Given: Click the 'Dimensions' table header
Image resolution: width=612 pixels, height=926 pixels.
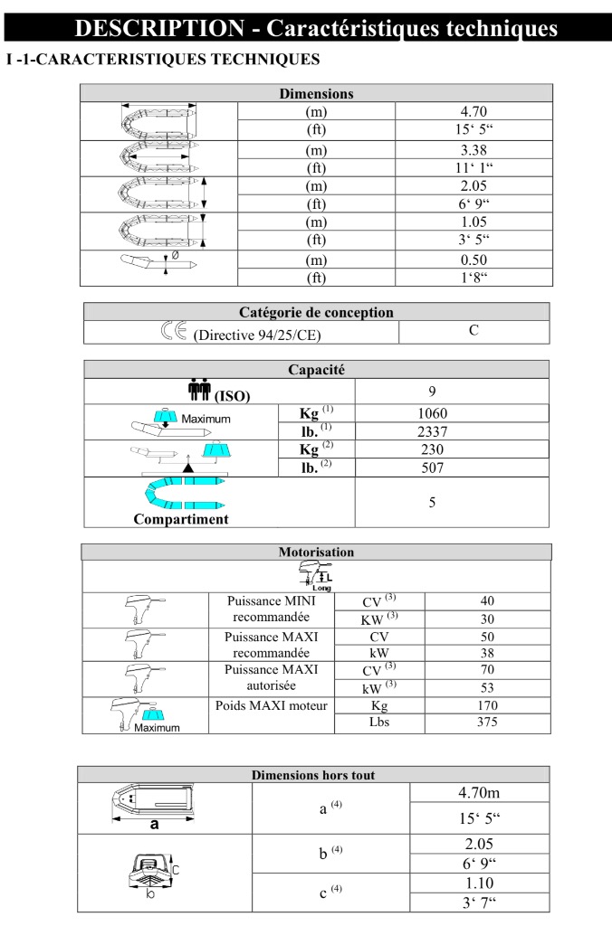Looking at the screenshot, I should coord(316,93).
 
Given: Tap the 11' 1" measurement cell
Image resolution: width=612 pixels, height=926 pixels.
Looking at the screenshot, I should coord(473,168).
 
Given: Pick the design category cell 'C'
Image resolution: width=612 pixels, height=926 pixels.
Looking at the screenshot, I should coord(473,331).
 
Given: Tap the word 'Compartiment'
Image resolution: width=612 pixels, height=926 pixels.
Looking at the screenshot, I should coord(181,519).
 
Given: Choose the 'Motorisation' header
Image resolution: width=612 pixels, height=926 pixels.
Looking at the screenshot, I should coord(316,552).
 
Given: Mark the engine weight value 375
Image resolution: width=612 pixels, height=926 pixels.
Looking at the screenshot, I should coord(487,723).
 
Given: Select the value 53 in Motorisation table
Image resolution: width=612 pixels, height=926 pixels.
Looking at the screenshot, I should coord(487,687).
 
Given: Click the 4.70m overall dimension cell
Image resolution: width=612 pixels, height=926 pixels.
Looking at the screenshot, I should coord(480,793).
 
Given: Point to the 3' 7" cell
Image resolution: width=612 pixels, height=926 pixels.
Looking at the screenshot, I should coord(480,902).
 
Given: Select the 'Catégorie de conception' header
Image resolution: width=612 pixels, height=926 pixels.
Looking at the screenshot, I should coord(316,313).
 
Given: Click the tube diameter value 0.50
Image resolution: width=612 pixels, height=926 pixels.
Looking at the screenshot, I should coord(473,260).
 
